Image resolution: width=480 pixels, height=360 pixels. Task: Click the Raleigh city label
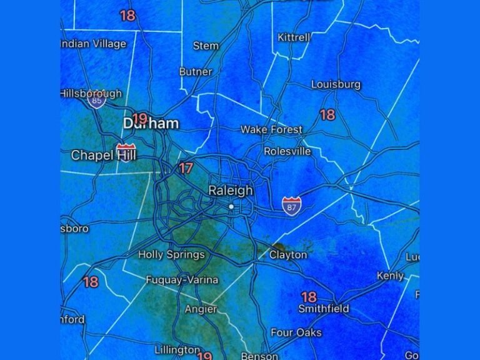pyautogui.click(x=231, y=191)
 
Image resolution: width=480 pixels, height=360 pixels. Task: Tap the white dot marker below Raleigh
pyautogui.click(x=231, y=206)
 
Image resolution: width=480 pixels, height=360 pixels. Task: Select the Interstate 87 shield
pyautogui.click(x=291, y=206)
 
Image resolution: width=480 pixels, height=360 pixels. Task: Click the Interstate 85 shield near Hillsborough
pyautogui.click(x=96, y=100)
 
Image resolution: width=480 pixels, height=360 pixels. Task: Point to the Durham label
pyautogui.click(x=151, y=124)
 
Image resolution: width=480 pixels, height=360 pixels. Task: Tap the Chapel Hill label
pyautogui.click(x=103, y=155)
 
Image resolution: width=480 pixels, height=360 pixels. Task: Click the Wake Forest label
pyautogui.click(x=271, y=130)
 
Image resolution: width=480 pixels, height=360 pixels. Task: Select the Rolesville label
pyautogui.click(x=287, y=151)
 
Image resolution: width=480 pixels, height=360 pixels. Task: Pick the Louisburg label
pyautogui.click(x=336, y=84)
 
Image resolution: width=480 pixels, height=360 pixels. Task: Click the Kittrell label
pyautogui.click(x=294, y=37)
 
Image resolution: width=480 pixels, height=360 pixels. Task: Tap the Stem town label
pyautogui.click(x=206, y=46)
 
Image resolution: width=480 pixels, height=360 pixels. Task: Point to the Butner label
pyautogui.click(x=196, y=72)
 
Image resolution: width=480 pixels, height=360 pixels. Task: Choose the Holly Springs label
pyautogui.click(x=171, y=254)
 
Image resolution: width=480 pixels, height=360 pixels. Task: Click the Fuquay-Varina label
pyautogui.click(x=182, y=280)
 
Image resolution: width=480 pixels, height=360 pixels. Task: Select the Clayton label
pyautogui.click(x=288, y=254)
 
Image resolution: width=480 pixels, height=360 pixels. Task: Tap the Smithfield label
pyautogui.click(x=323, y=309)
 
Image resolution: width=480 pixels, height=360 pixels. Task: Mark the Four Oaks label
pyautogui.click(x=296, y=332)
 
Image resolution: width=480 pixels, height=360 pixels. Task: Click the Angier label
pyautogui.click(x=201, y=309)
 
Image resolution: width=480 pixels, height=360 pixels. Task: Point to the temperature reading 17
pyautogui.click(x=186, y=168)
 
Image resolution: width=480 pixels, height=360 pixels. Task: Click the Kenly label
pyautogui.click(x=390, y=276)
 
